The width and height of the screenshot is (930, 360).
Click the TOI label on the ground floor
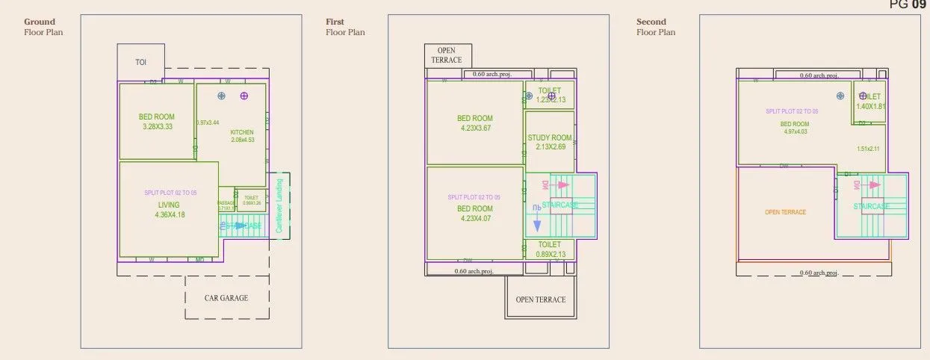(140, 63)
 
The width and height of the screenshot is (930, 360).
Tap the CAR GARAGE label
(226, 297)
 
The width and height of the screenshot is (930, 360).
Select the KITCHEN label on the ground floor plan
(242, 132)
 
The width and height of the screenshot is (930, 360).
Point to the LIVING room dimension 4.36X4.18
(169, 215)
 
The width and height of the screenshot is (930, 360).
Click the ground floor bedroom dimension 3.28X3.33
(157, 127)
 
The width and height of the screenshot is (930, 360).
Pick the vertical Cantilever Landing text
(279, 205)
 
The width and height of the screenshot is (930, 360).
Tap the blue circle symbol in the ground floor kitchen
(222, 96)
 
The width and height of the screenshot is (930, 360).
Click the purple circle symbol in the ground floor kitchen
(244, 96)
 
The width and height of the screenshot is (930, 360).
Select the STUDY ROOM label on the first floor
(550, 138)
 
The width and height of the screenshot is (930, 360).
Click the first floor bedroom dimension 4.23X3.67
(474, 128)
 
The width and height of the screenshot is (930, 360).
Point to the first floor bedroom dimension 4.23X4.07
(474, 219)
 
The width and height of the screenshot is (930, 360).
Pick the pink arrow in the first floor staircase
(562, 184)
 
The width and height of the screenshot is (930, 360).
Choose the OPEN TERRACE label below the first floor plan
(541, 300)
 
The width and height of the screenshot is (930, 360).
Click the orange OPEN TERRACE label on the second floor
(785, 212)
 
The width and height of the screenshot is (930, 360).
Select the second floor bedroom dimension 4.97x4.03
(795, 132)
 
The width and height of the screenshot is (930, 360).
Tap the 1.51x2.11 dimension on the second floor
(869, 149)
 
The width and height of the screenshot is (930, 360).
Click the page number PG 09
(908, 4)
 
